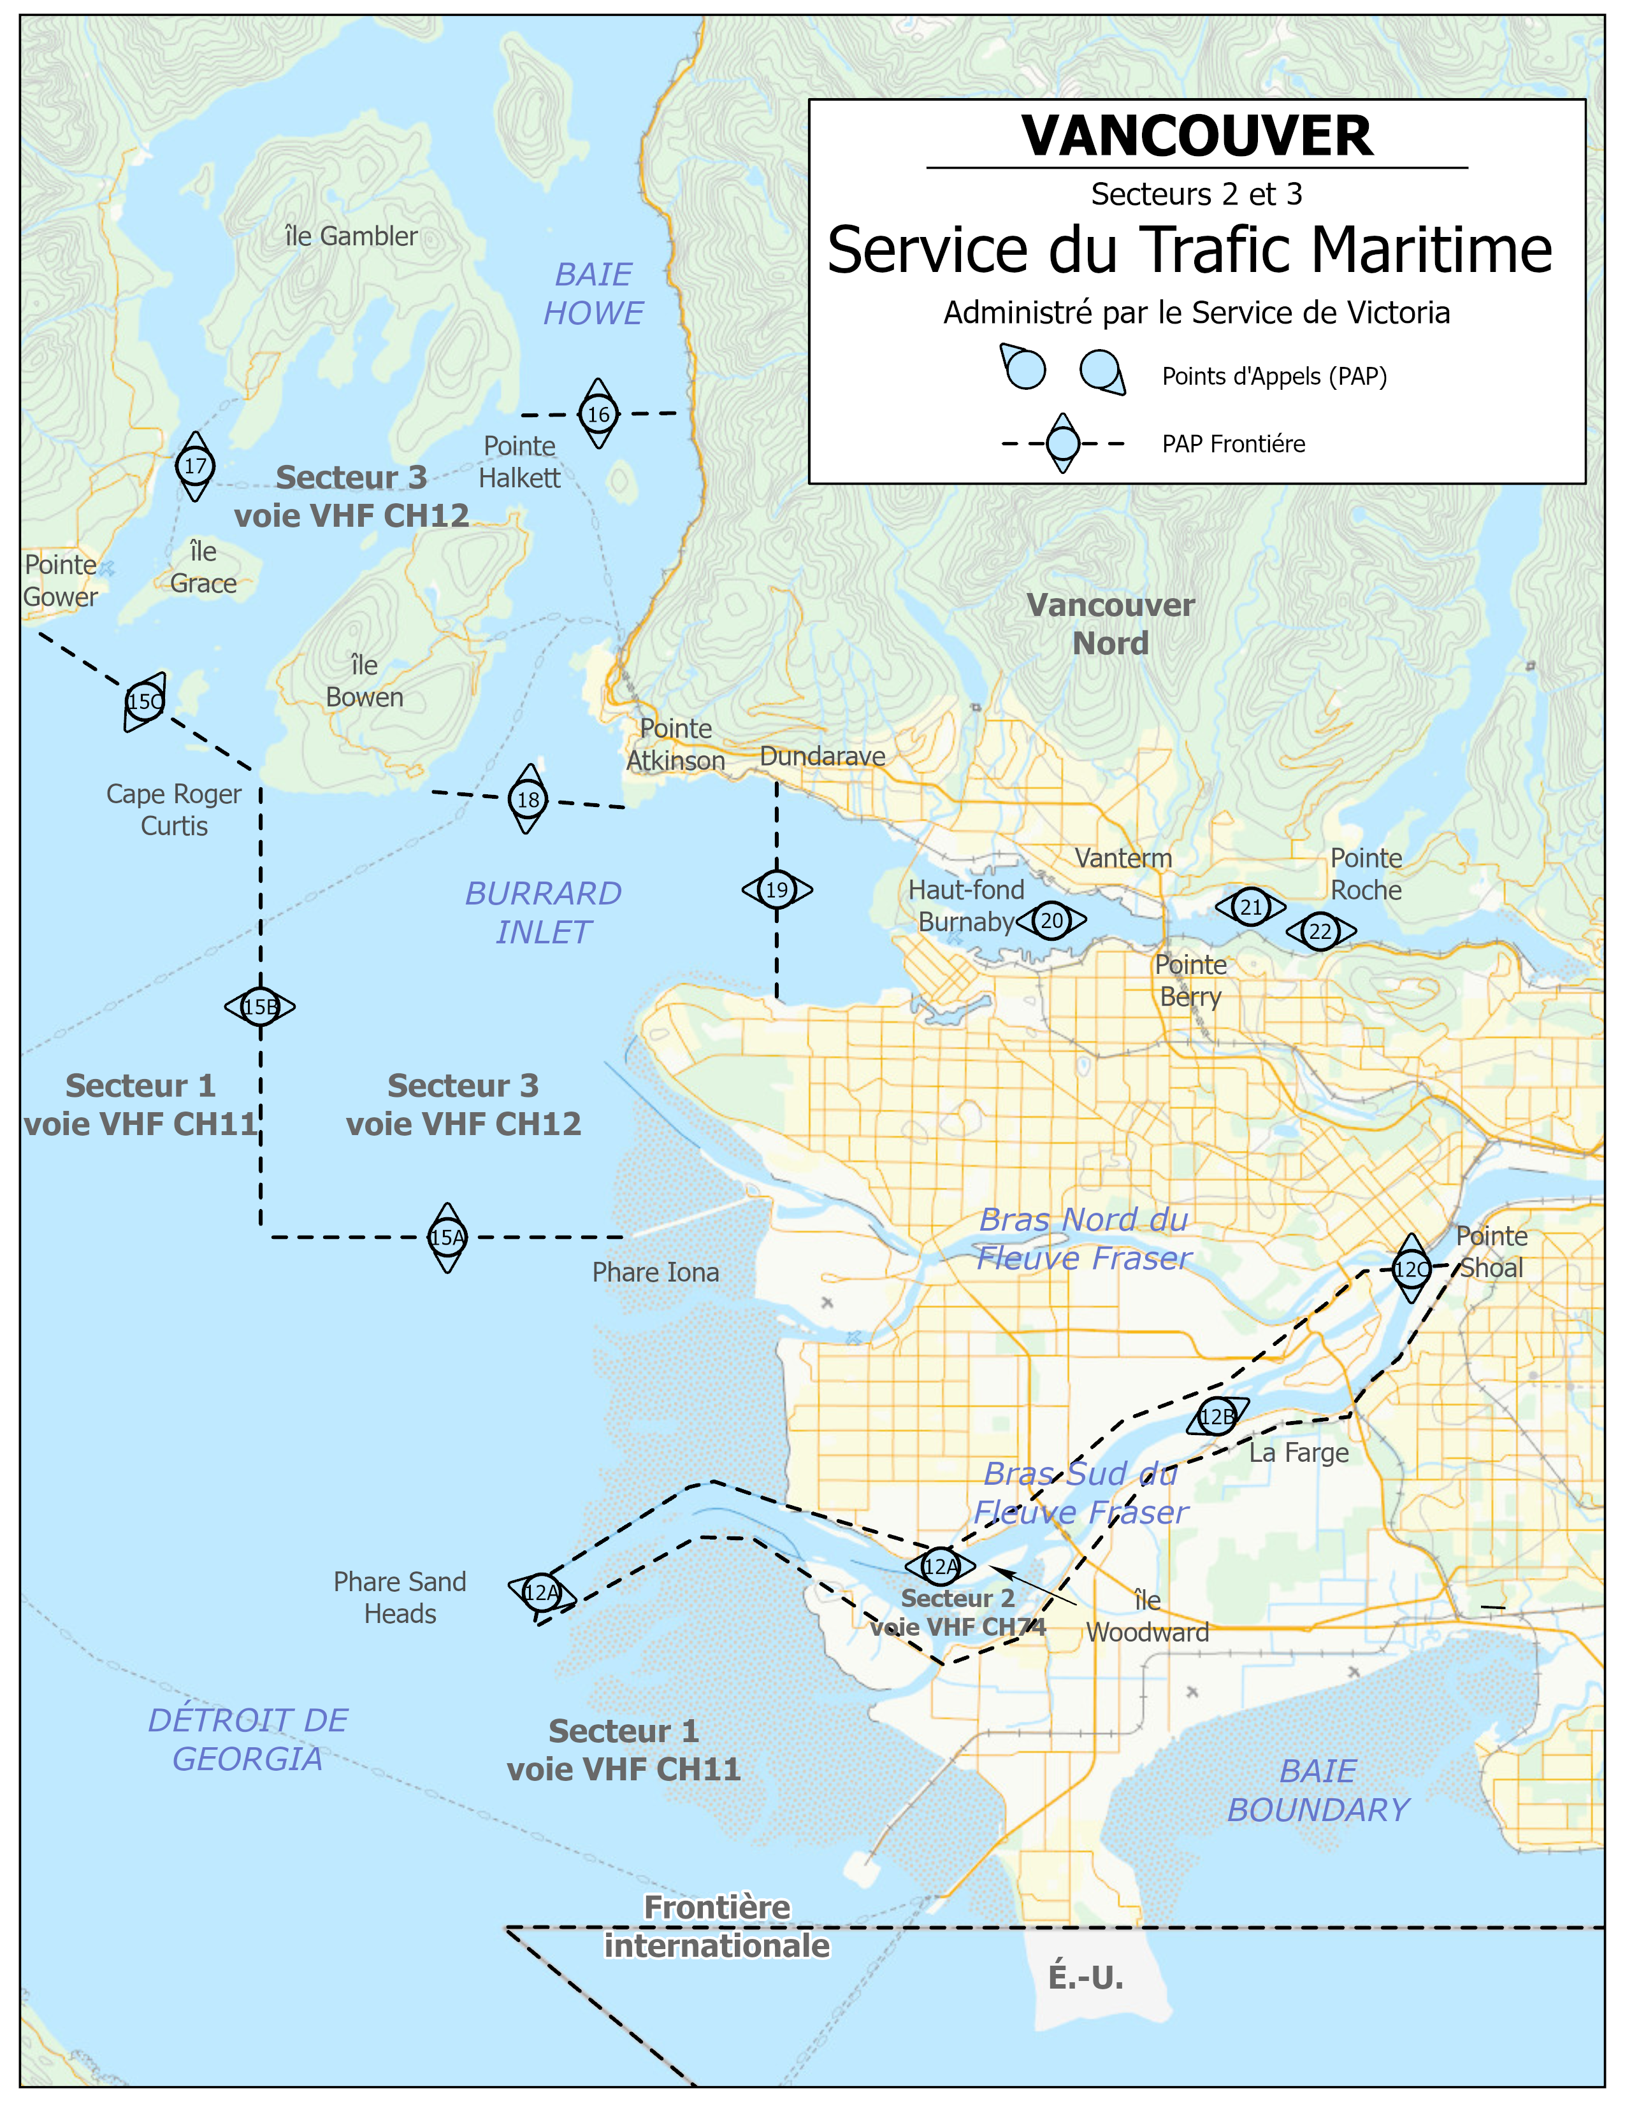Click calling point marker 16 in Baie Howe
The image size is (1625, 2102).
coord(598,414)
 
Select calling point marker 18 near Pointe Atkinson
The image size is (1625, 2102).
coord(528,799)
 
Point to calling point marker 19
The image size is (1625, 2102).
coord(776,889)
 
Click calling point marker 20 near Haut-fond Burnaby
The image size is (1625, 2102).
coord(1051,920)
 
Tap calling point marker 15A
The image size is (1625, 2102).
coord(447,1237)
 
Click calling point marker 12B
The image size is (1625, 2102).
coord(1217,1416)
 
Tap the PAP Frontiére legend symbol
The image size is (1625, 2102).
coord(1063,444)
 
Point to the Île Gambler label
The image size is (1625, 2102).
coord(351,236)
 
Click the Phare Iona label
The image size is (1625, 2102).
coord(656,1273)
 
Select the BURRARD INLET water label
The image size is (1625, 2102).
coord(543,912)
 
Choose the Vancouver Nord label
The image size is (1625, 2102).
coord(1110,624)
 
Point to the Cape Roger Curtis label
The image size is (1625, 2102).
coord(174,810)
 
